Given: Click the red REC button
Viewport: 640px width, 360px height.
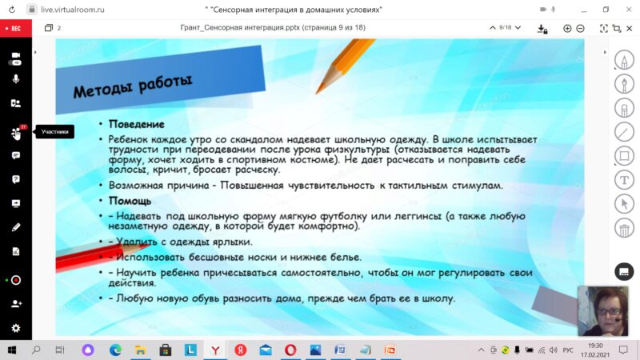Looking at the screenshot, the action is pyautogui.click(x=15, y=29).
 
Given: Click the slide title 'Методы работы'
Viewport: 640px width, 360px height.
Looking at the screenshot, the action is pyautogui.click(x=133, y=86).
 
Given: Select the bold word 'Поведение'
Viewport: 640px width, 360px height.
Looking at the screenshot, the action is pyautogui.click(x=136, y=124).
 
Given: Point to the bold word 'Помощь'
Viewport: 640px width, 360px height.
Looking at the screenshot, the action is pyautogui.click(x=130, y=201).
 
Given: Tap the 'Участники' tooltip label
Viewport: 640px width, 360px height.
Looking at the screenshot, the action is pyautogui.click(x=54, y=131).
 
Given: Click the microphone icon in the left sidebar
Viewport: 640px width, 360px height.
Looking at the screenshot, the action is pyautogui.click(x=16, y=78).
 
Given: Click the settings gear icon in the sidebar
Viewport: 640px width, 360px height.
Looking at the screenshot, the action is pyautogui.click(x=16, y=328).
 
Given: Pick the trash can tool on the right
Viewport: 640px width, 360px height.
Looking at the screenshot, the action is pyautogui.click(x=624, y=229).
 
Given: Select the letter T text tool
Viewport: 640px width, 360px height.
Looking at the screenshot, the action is pyautogui.click(x=624, y=180).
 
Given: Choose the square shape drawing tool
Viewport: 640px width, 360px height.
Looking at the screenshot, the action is pyautogui.click(x=624, y=156).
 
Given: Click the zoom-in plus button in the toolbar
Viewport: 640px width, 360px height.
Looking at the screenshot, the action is pyautogui.click(x=567, y=28).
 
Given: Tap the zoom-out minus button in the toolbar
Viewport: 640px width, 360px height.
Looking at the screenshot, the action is pyautogui.click(x=580, y=28).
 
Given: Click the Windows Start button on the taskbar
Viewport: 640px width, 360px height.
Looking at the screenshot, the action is pyautogui.click(x=12, y=350).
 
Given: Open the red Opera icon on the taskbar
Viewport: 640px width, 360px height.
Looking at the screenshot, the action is pyautogui.click(x=290, y=350).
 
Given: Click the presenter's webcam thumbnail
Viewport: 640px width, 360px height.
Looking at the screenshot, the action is pyautogui.click(x=603, y=310).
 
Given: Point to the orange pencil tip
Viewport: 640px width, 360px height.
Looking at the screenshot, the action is pyautogui.click(x=317, y=92).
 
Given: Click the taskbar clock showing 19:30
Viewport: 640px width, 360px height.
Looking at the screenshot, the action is pyautogui.click(x=595, y=346).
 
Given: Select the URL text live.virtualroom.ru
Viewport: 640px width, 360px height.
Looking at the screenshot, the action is pyautogui.click(x=73, y=10).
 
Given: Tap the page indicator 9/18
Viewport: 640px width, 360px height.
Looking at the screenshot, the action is pyautogui.click(x=506, y=27).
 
